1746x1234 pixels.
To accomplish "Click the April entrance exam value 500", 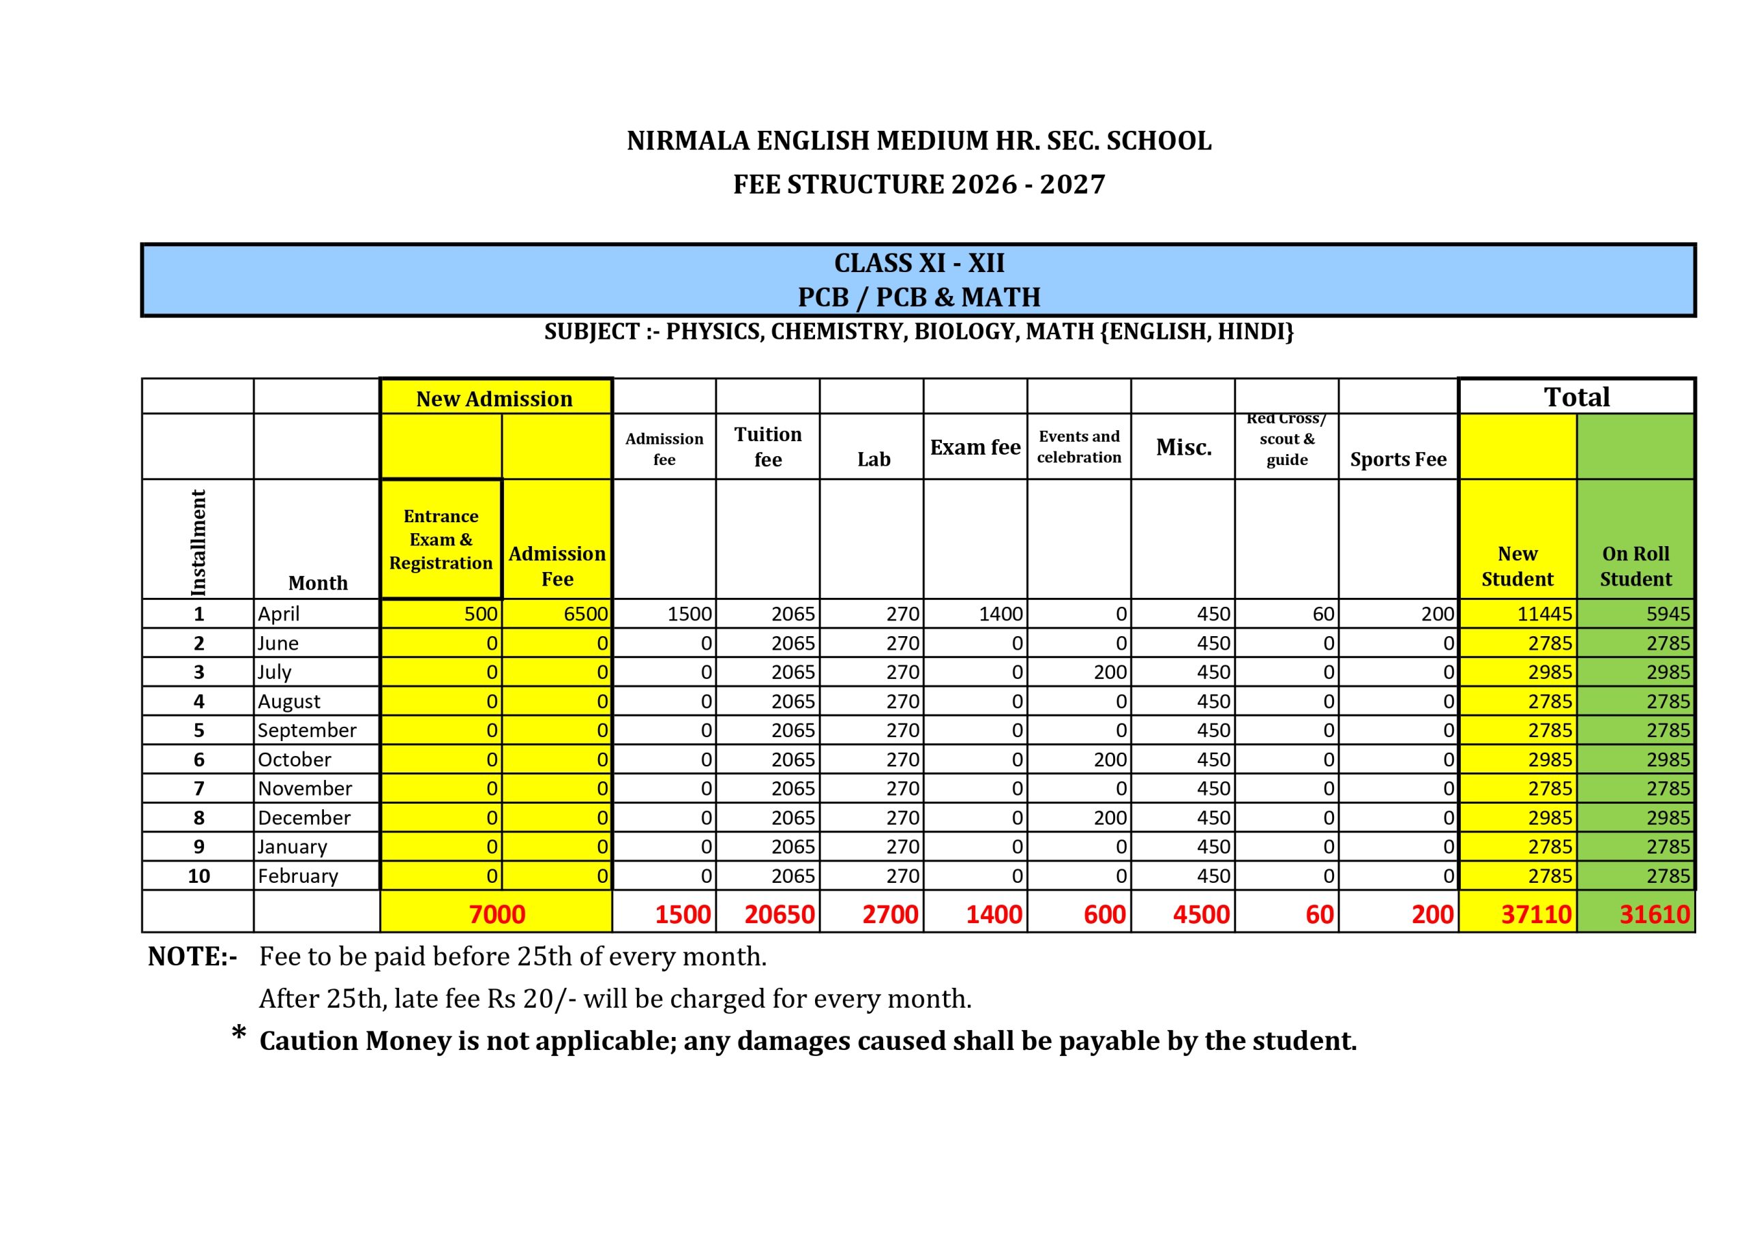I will pyautogui.click(x=481, y=614).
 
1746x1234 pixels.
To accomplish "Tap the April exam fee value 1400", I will pyautogui.click(x=1000, y=614).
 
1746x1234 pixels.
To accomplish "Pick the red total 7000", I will pyautogui.click(x=497, y=914).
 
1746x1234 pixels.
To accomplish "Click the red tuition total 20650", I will pyautogui.click(x=780, y=914).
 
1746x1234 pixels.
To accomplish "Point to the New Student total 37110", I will pyautogui.click(x=1535, y=914).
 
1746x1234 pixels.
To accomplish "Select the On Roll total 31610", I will pyautogui.click(x=1654, y=914).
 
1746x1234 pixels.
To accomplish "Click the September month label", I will pyautogui.click(x=306, y=730).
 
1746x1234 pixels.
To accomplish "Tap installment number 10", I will pyautogui.click(x=198, y=876).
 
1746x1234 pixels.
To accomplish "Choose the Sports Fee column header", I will pyautogui.click(x=1397, y=460).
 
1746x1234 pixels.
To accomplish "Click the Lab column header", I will pyautogui.click(x=874, y=460).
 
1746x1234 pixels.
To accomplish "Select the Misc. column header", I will pyautogui.click(x=1183, y=447).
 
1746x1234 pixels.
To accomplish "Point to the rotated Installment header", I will pyautogui.click(x=198, y=541).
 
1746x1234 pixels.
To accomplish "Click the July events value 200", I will pyautogui.click(x=1110, y=672).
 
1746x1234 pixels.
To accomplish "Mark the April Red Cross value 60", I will pyautogui.click(x=1323, y=614).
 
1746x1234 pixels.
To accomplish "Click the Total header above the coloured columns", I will pyautogui.click(x=1576, y=397).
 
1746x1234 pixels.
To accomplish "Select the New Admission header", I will pyautogui.click(x=494, y=398).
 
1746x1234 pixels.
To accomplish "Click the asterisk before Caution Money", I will pyautogui.click(x=239, y=1034).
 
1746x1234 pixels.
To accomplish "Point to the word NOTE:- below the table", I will pyautogui.click(x=192, y=957).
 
